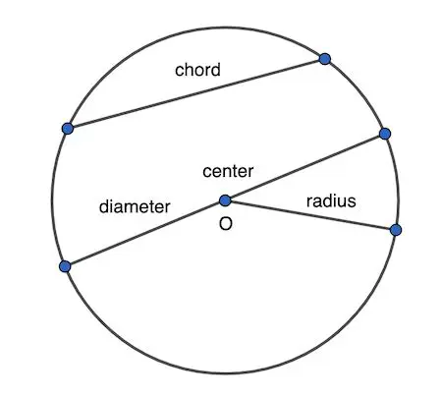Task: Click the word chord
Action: pos(197,71)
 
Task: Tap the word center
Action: pos(228,172)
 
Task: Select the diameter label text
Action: pos(135,207)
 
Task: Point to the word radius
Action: pos(330,201)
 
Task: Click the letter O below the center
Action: pos(225,225)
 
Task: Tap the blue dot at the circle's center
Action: pos(225,200)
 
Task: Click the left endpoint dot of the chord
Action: pos(67,128)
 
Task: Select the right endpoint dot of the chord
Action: pos(325,60)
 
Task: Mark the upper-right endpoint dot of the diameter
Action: pos(385,134)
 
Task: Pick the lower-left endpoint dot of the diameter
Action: pos(65,266)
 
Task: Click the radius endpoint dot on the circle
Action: pos(396,230)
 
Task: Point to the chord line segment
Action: pos(196,93)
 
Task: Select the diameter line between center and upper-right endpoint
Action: pos(304,167)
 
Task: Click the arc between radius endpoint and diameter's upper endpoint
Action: pos(397,182)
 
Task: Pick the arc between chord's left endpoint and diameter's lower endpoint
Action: pos(52,197)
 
